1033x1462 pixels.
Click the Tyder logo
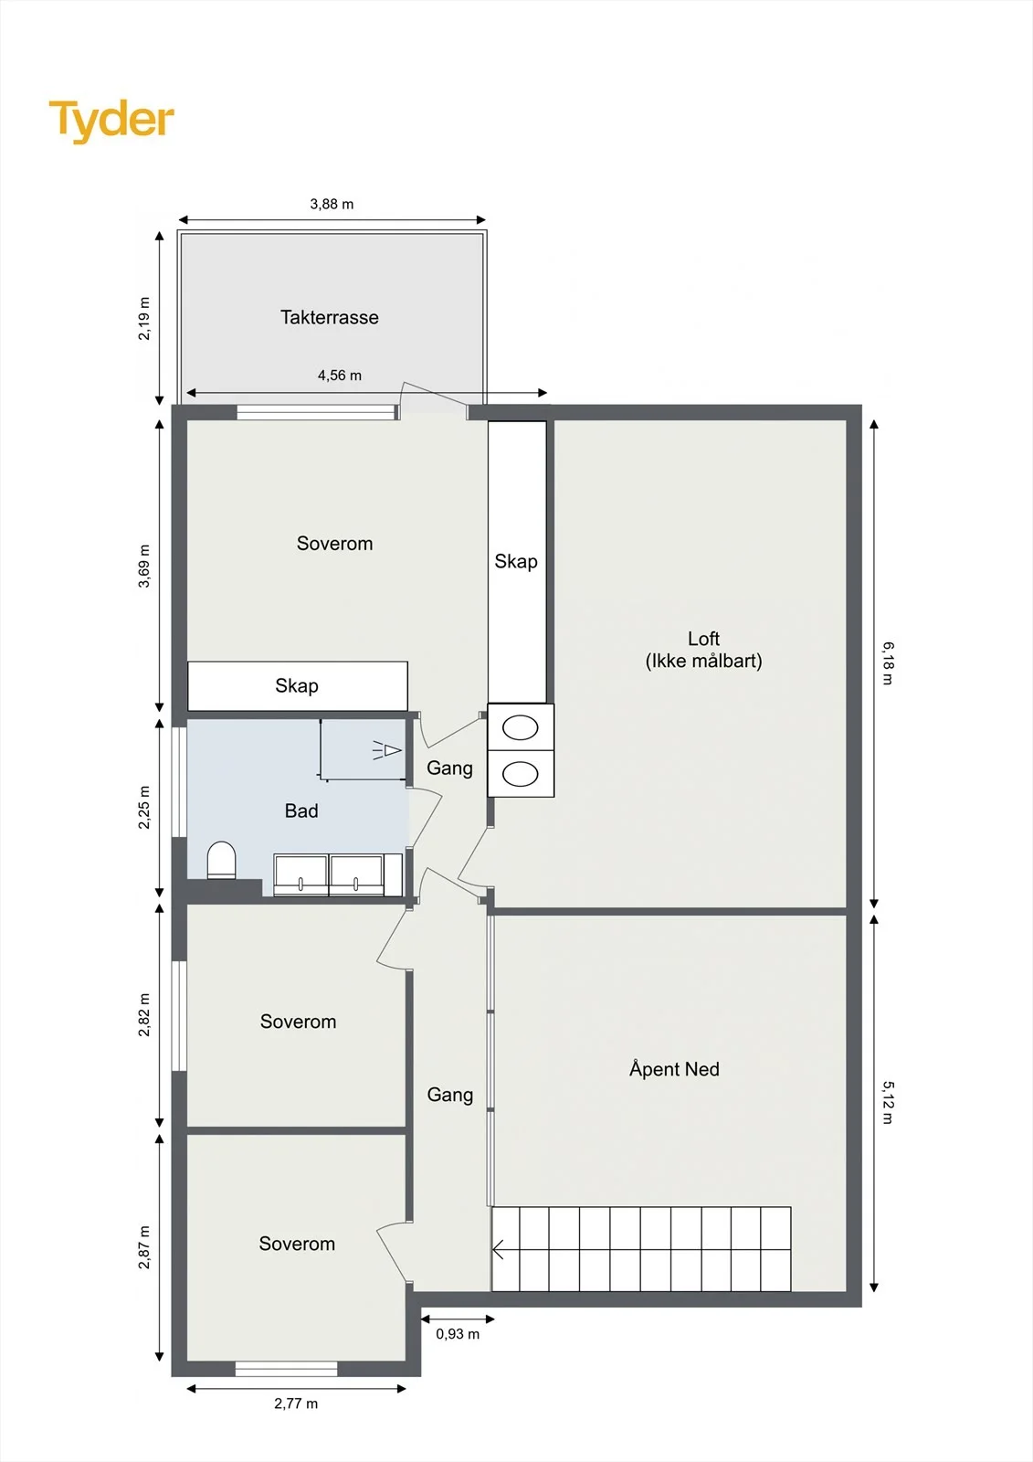(x=111, y=121)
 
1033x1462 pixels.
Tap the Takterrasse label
(x=330, y=317)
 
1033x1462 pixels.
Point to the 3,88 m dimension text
(x=332, y=205)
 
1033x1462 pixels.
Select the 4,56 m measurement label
(x=340, y=376)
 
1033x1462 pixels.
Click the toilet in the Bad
(x=221, y=860)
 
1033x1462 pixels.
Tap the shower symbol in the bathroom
(x=387, y=750)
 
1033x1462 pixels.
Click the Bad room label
(x=301, y=810)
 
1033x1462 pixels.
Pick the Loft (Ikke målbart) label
(x=703, y=650)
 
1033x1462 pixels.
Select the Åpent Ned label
(x=674, y=1068)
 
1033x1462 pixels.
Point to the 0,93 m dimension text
(x=458, y=1334)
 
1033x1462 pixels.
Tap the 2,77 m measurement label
(x=296, y=1404)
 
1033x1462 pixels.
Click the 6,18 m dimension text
(x=888, y=663)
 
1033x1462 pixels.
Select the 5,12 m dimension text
(x=888, y=1103)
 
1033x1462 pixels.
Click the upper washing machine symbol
(x=521, y=727)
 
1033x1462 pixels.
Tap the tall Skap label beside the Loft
(x=516, y=561)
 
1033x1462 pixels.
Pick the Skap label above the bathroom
(x=297, y=685)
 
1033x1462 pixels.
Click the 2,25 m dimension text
(x=143, y=808)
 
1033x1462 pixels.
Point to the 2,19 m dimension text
(x=143, y=319)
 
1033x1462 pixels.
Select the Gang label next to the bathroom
(x=449, y=768)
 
